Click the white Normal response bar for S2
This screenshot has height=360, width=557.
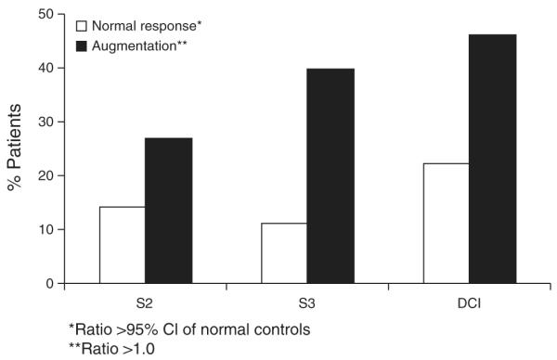click(122, 245)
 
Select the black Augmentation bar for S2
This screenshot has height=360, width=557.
click(168, 211)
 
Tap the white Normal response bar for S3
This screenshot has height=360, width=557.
click(284, 253)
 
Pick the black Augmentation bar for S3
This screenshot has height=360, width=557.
click(330, 176)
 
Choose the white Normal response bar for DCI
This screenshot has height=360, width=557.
click(447, 224)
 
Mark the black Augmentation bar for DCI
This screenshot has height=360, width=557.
click(493, 159)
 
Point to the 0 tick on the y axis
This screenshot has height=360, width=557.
click(46, 283)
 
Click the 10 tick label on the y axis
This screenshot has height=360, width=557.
click(44, 229)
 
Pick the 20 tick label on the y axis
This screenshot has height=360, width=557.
click(44, 175)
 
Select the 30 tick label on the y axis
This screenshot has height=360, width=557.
click(44, 122)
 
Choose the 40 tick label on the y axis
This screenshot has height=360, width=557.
click(44, 68)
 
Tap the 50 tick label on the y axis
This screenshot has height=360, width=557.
click(44, 14)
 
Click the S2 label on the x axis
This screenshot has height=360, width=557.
click(145, 302)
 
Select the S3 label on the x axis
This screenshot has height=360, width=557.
click(307, 302)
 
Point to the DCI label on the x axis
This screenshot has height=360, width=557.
click(470, 302)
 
